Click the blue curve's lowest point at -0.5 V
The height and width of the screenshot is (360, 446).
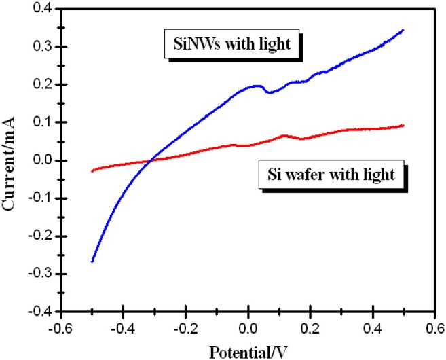(x=92, y=262)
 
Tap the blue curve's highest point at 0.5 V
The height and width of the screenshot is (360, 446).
(x=404, y=30)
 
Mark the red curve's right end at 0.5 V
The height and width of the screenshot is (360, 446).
(x=404, y=125)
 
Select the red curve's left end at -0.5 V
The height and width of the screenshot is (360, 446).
(x=92, y=171)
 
